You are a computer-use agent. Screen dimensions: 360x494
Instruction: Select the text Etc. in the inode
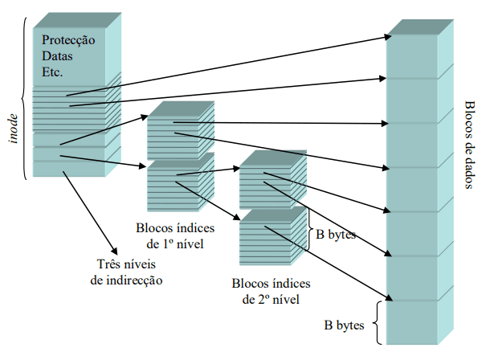(x=53, y=72)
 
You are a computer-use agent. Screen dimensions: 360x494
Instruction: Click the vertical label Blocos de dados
(x=469, y=145)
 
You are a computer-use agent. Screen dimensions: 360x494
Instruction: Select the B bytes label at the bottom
(x=344, y=326)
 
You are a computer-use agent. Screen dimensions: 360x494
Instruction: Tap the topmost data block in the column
(x=417, y=56)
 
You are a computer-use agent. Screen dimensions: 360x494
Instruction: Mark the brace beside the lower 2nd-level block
(x=307, y=235)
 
